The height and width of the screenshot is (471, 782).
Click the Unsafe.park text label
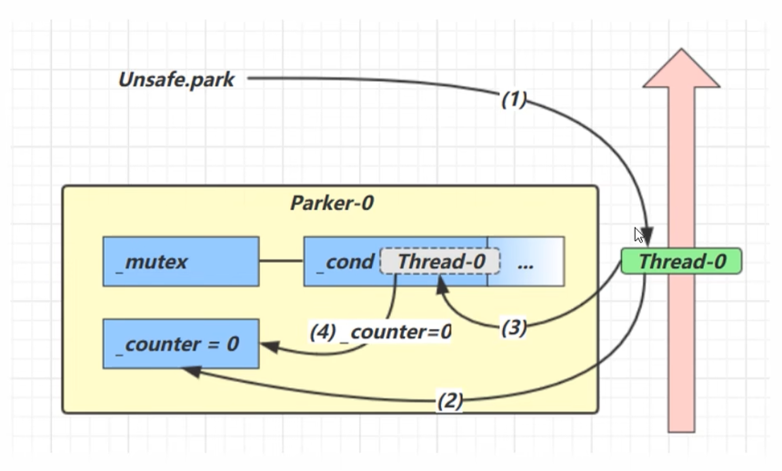(176, 80)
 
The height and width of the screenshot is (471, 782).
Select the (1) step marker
(514, 100)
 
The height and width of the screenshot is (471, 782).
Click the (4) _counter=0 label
(382, 332)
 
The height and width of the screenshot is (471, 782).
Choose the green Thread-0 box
(682, 262)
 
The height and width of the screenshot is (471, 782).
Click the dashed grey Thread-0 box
(441, 262)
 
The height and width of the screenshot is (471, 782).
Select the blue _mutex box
(180, 262)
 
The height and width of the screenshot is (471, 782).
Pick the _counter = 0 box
(180, 344)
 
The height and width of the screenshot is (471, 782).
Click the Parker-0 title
(331, 203)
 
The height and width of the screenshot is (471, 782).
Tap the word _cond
(343, 262)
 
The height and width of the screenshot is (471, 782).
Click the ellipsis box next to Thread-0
(526, 262)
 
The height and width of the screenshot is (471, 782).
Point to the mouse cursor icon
(639, 235)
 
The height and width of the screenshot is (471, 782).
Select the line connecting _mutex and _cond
(281, 262)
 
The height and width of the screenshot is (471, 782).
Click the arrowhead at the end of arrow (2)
(188, 370)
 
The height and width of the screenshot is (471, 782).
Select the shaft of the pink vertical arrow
(681, 346)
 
